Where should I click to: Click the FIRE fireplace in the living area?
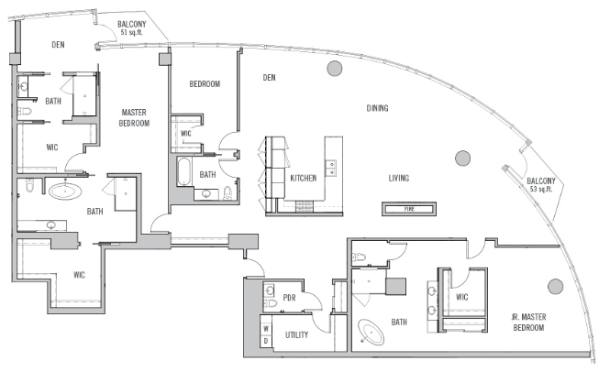coord(409,209)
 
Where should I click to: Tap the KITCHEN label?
coord(303,179)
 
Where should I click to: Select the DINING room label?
coord(377,108)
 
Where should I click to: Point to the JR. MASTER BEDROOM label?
coord(528,323)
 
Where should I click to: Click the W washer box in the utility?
coord(266,329)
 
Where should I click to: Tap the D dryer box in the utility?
coord(266,341)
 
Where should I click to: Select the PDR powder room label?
coord(290,298)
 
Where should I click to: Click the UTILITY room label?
coord(297,334)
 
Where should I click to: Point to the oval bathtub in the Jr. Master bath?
coord(372,332)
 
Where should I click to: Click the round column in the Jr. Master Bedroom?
coord(555,287)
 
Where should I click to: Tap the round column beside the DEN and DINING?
coord(335,69)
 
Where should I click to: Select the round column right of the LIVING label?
coord(462,159)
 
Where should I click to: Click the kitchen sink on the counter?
coord(331,168)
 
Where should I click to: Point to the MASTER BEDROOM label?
coord(134,117)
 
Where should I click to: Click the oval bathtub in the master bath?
coord(65,191)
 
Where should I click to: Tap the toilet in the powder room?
coord(270,303)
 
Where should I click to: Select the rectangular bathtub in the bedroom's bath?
coord(184,171)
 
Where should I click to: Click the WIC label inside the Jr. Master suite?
coord(461,297)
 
